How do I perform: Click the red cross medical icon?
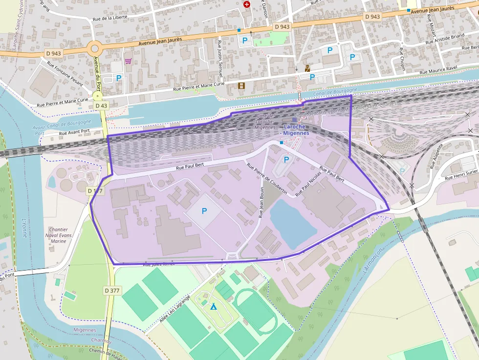click(247, 4)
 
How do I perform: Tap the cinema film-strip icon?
click(240, 85)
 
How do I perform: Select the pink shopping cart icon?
click(128, 61)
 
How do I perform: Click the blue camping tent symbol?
click(213, 306)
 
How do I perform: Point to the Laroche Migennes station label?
click(296, 130)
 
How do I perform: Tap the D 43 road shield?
click(101, 106)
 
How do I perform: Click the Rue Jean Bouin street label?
click(261, 202)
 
